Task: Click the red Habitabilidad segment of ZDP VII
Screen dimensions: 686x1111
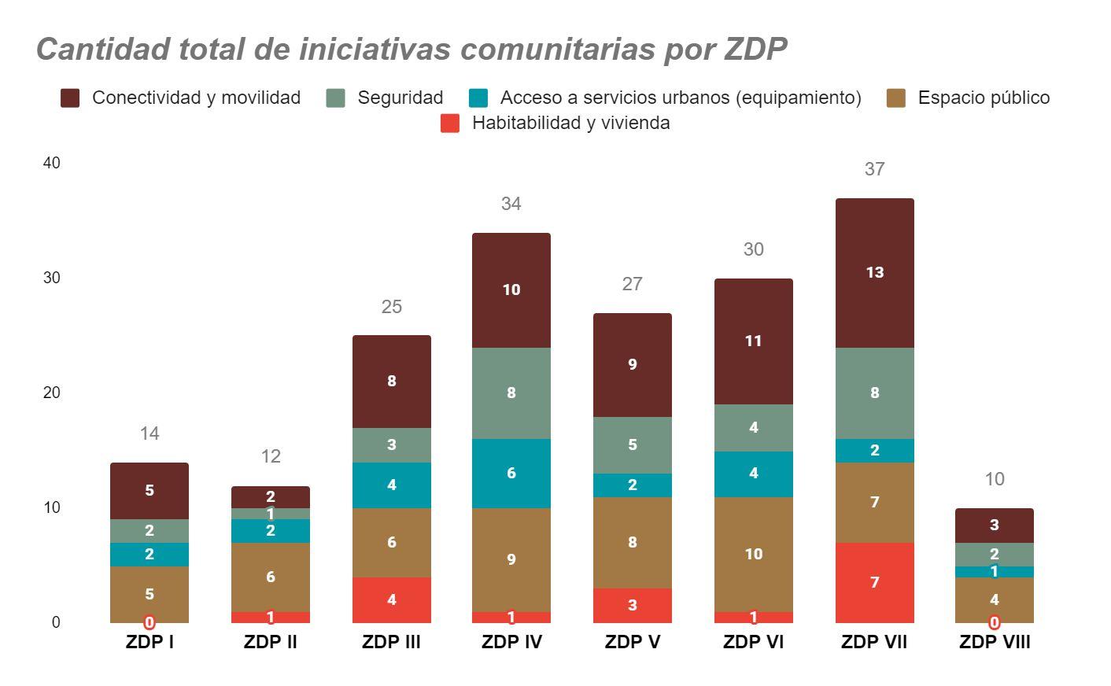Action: click(x=874, y=582)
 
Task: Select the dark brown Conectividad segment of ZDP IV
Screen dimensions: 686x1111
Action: click(x=511, y=290)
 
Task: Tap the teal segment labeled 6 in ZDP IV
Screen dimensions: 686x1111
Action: click(x=511, y=473)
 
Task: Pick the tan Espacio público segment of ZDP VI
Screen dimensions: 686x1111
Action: click(x=753, y=554)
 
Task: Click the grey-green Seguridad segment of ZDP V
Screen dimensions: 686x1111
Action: click(x=632, y=444)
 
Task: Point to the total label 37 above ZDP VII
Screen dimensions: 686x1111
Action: click(x=874, y=169)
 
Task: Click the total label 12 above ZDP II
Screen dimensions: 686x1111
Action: click(x=271, y=456)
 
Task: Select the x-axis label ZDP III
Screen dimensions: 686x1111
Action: click(x=391, y=642)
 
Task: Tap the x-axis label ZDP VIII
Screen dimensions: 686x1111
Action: click(x=994, y=642)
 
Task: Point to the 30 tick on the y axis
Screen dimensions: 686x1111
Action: click(x=52, y=278)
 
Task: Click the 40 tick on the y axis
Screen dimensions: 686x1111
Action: click(x=52, y=163)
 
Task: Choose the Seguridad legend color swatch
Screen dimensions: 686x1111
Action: click(x=336, y=98)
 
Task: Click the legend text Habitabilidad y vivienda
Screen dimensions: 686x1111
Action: click(x=570, y=123)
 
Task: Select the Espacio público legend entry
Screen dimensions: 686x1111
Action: click(x=983, y=98)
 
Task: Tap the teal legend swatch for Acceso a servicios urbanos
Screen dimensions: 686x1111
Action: click(x=478, y=98)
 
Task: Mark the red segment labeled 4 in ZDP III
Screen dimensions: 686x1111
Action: click(x=391, y=599)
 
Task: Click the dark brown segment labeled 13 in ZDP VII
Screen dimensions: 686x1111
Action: click(x=874, y=272)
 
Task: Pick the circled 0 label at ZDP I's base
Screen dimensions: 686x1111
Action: click(x=149, y=622)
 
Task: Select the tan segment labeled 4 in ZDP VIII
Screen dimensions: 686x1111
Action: click(x=994, y=599)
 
